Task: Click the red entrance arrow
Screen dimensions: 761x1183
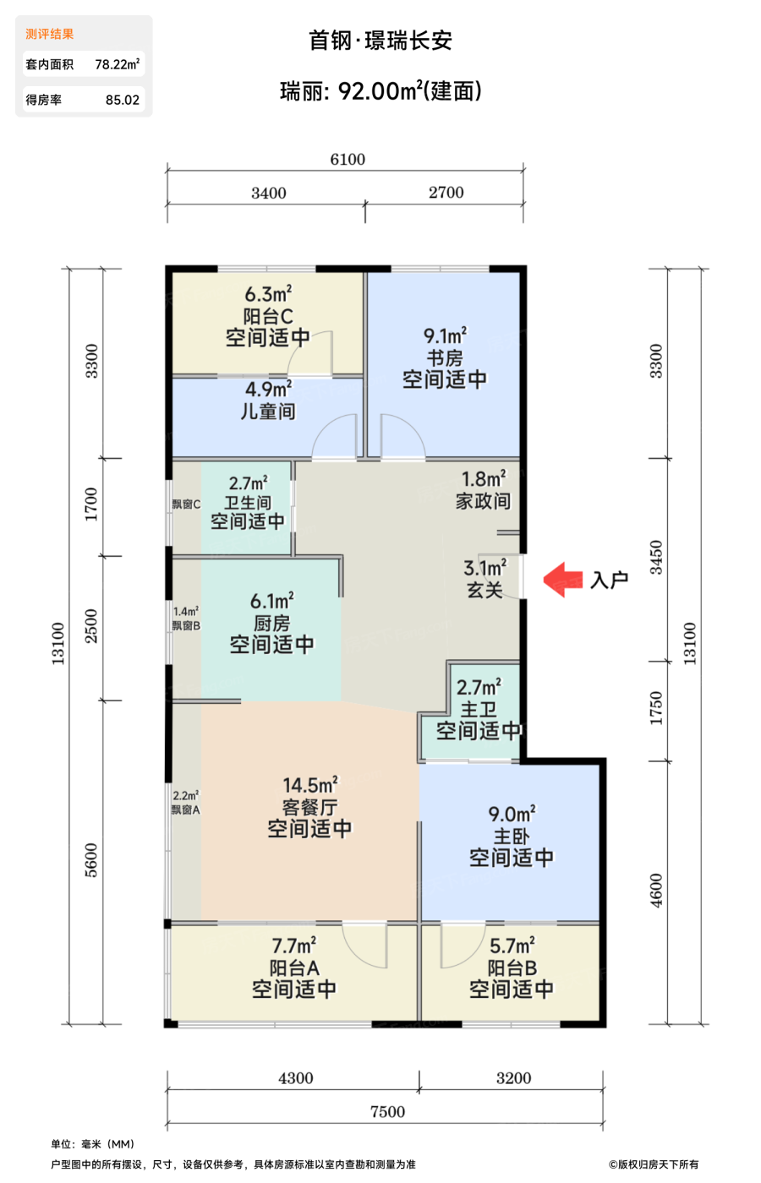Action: pyautogui.click(x=562, y=580)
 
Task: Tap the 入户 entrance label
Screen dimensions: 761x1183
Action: pyautogui.click(x=610, y=580)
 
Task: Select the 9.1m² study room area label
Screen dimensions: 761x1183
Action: pyautogui.click(x=446, y=336)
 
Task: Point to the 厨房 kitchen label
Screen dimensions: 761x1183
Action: pyautogui.click(x=272, y=624)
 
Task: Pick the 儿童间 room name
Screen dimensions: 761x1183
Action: pyautogui.click(x=269, y=412)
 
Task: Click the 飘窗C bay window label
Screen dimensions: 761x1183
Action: pyautogui.click(x=186, y=504)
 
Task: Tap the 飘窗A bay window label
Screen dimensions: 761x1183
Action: pyautogui.click(x=185, y=810)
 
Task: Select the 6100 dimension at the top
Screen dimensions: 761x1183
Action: pyautogui.click(x=348, y=160)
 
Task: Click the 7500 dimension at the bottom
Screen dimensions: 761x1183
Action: pyautogui.click(x=387, y=1112)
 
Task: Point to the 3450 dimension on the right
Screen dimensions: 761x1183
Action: pyautogui.click(x=656, y=558)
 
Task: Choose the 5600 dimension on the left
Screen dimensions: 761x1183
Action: pyautogui.click(x=91, y=860)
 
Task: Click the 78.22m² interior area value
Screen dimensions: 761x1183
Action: pyautogui.click(x=118, y=64)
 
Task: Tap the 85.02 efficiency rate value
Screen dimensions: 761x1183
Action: pyautogui.click(x=123, y=100)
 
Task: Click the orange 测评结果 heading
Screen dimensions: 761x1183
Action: pyautogui.click(x=50, y=35)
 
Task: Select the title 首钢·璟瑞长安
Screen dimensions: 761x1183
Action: pyautogui.click(x=380, y=41)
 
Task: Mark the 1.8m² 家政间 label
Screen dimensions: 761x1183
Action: pyautogui.click(x=484, y=489)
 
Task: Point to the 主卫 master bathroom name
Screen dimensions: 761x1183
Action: pyautogui.click(x=479, y=709)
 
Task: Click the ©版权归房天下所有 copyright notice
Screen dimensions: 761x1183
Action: pyautogui.click(x=653, y=1164)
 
